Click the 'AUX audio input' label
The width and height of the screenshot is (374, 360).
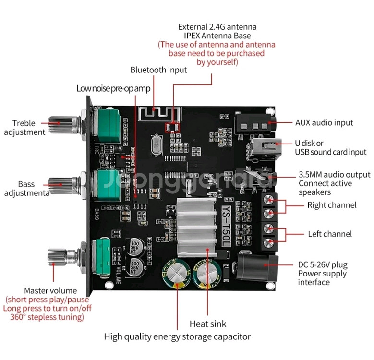[x=324, y=122]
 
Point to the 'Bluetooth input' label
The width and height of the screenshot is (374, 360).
[x=158, y=70]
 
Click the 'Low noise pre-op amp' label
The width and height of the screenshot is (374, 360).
[x=113, y=88]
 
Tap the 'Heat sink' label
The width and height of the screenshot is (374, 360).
[x=207, y=324]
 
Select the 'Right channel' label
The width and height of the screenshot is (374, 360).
[x=332, y=205]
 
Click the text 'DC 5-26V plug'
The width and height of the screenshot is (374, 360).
[x=323, y=264]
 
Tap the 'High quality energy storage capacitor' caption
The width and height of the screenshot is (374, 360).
[x=177, y=336]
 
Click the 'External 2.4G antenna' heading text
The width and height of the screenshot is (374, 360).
[x=217, y=27]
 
